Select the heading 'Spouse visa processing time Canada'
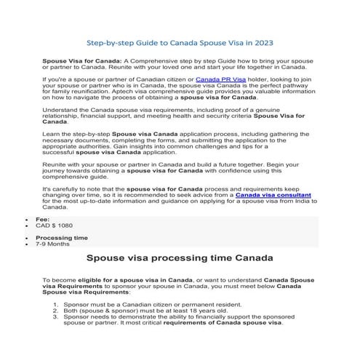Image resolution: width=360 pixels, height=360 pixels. coord(180,258)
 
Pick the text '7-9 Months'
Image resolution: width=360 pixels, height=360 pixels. coord(52,244)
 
